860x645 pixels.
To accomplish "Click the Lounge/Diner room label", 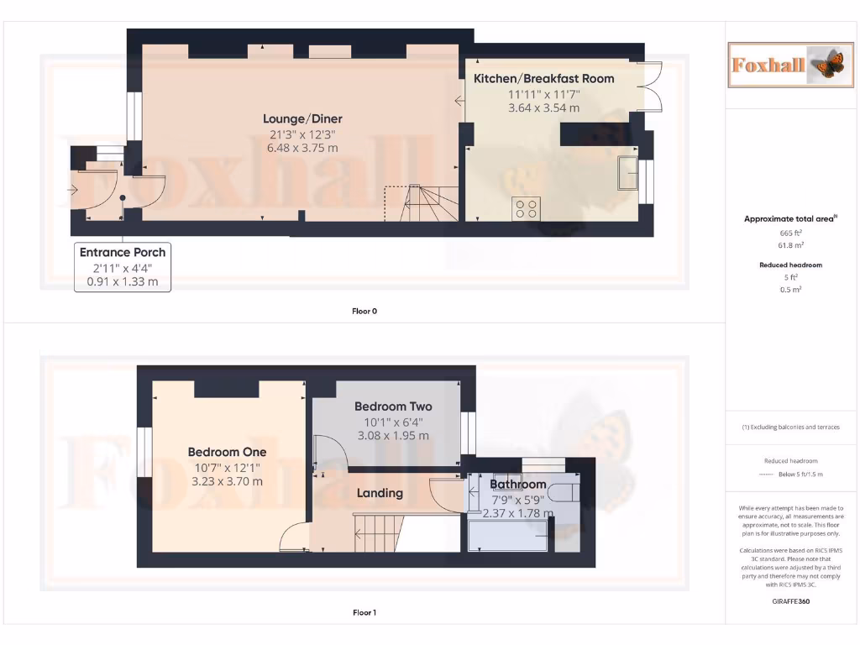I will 302,119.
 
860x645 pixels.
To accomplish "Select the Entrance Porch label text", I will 123,252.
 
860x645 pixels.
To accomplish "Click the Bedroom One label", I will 227,452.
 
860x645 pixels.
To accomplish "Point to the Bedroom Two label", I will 392,406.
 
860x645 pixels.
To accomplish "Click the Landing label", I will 380,493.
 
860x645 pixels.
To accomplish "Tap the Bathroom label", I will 518,485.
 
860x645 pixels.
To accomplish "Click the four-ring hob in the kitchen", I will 527,208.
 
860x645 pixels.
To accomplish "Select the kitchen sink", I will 627,172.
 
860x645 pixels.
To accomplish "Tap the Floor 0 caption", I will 364,311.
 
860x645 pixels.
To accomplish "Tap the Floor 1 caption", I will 364,613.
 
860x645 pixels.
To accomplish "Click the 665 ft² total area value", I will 790,233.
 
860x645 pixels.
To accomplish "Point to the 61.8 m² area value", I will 790,245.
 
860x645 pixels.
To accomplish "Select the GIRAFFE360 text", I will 790,601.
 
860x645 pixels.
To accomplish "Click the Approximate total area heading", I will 790,218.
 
